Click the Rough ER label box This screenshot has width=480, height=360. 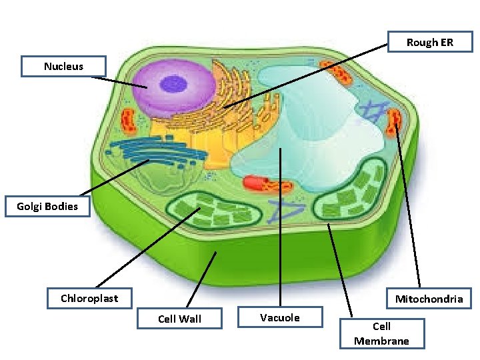430,42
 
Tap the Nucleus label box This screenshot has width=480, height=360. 63,66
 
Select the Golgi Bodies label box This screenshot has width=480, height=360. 47,207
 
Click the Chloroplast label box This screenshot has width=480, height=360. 89,298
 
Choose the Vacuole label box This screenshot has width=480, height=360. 280,317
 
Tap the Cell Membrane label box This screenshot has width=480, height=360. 381,333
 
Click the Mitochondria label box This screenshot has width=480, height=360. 429,299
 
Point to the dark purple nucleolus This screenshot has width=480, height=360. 174,83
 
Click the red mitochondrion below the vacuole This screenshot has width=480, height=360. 264,184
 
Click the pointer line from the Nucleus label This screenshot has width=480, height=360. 120,83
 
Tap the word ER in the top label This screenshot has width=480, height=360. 446,42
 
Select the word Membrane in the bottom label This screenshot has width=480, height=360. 381,341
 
